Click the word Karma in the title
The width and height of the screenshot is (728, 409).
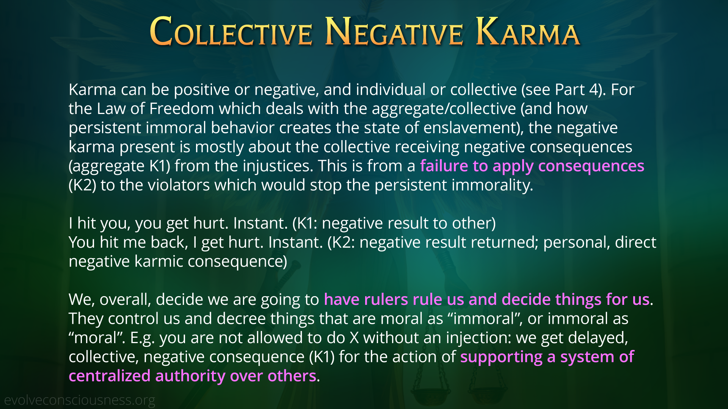tap(528, 31)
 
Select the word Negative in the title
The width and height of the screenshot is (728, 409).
tap(394, 31)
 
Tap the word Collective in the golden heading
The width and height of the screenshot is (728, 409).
tap(231, 31)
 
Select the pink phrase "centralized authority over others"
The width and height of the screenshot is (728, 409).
tap(193, 376)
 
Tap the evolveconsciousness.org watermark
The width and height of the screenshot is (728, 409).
tap(80, 400)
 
